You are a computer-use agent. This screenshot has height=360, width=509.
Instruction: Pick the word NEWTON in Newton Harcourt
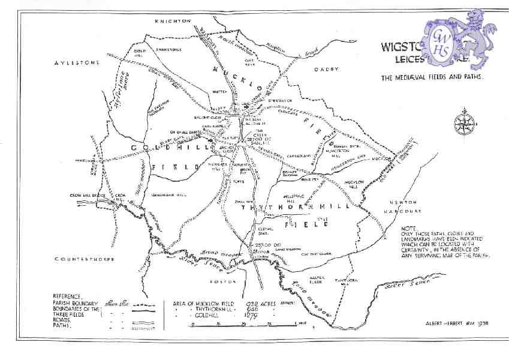pos(401,202)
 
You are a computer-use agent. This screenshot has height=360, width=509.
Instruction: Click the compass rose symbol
pos(465,121)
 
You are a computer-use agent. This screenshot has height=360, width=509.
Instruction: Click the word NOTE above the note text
pos(409,229)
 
